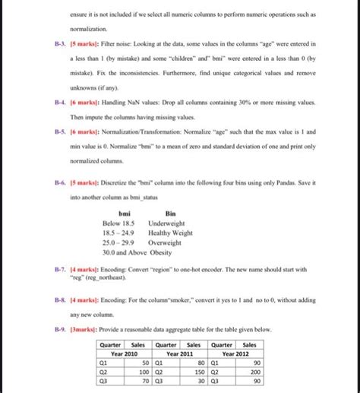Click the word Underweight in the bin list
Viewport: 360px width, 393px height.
pos(165,224)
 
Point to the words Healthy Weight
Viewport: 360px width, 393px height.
pos(171,233)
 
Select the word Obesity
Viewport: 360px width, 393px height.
pos(160,252)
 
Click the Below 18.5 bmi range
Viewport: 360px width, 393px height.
pos(118,224)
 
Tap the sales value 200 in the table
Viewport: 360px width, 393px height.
pos(255,372)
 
